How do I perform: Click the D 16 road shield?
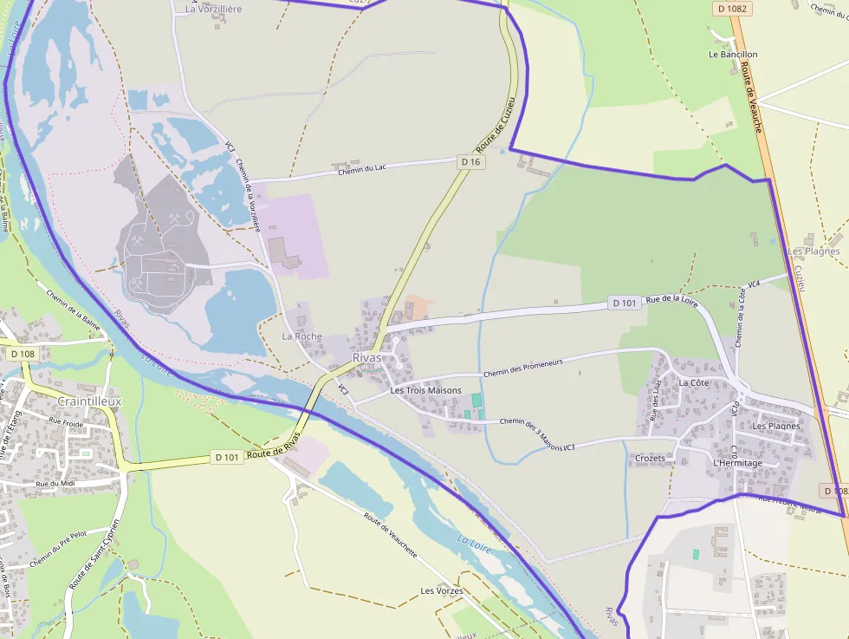tap(470, 162)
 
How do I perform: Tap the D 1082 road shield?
tap(733, 9)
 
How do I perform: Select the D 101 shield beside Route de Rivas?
tap(227, 457)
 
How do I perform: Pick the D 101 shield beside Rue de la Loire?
tap(625, 303)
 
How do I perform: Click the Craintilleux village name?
tap(89, 402)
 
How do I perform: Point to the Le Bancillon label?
tap(733, 55)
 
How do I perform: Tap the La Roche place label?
tap(301, 336)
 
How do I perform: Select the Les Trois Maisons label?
tap(425, 390)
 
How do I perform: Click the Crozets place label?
tap(650, 458)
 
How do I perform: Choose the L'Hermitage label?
tap(737, 463)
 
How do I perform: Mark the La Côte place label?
tap(694, 382)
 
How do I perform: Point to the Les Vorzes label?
tap(442, 591)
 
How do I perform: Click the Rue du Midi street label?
tap(53, 483)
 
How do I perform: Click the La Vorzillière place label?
tap(214, 9)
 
